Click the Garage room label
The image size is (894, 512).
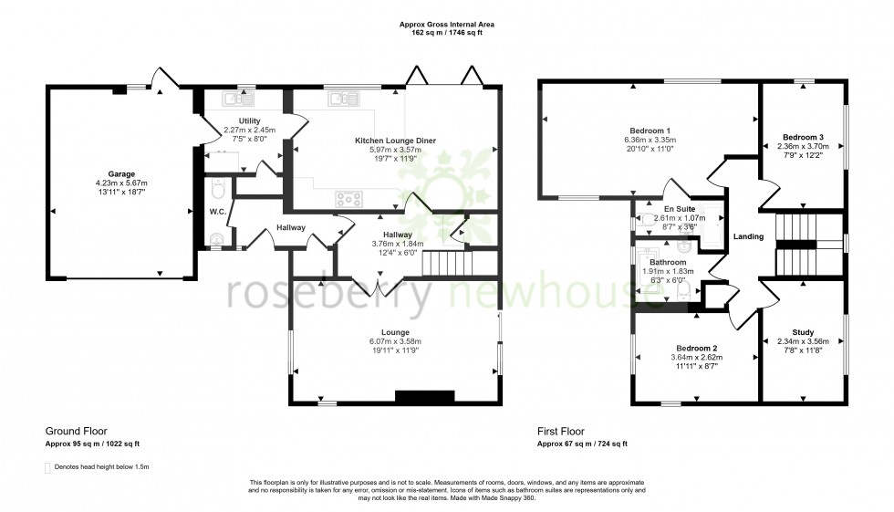coord(121,173)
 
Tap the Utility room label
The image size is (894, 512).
coord(249,120)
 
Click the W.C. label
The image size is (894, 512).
coord(217,212)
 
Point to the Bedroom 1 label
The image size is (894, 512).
coord(650,130)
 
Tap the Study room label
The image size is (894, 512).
coord(803,332)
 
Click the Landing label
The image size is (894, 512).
coord(748,236)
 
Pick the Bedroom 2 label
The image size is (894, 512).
coord(696,349)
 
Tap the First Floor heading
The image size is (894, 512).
coord(561,432)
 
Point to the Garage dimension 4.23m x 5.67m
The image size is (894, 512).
coord(121,183)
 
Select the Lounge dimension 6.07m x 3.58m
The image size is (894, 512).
coord(396,342)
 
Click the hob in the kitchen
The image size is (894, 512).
coord(350,197)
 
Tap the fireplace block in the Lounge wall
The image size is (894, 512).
coord(424,396)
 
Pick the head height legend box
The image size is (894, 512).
coord(48,466)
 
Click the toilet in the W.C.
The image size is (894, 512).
coord(216,190)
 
